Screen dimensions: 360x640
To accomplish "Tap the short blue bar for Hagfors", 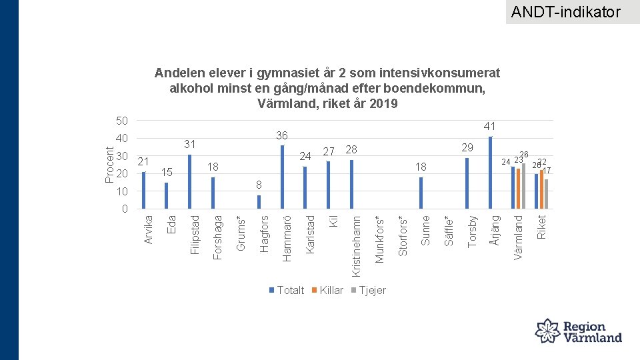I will point(259,202).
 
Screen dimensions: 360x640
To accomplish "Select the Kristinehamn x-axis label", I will point(357,245).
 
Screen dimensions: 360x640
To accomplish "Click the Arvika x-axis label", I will point(149,228).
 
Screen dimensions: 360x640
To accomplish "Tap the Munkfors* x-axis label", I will point(379,238).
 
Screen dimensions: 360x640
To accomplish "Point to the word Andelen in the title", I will point(176,72).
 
